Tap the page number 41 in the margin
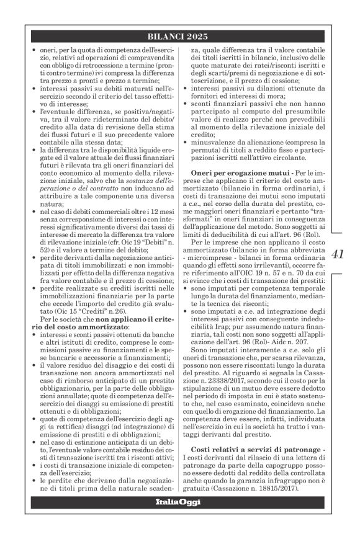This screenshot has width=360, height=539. click(340, 254)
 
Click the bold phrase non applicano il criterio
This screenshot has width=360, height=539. click(137, 319)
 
